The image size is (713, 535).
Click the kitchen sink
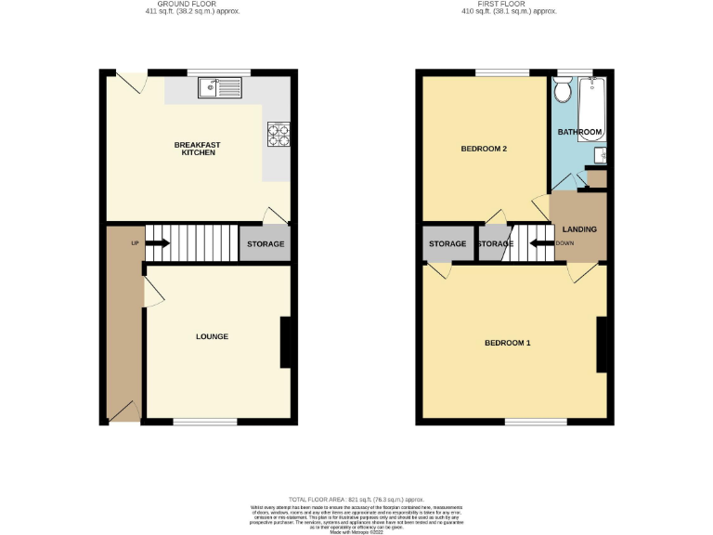click(218, 89)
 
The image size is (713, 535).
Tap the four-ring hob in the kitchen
click(278, 135)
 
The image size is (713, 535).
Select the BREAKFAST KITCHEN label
click(196, 148)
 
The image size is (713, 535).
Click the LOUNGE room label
click(212, 336)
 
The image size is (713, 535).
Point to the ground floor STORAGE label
click(264, 244)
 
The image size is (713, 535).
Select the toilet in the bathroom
click(561, 91)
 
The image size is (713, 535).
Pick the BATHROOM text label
click(579, 133)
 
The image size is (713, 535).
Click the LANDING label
click(579, 229)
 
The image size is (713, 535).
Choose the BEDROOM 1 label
click(508, 343)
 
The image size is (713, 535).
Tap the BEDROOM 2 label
click(484, 149)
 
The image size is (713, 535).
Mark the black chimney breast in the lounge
click(286, 342)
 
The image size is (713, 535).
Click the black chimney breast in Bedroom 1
click(602, 345)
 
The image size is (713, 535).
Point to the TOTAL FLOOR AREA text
click(356, 499)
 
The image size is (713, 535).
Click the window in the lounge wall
click(204, 423)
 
